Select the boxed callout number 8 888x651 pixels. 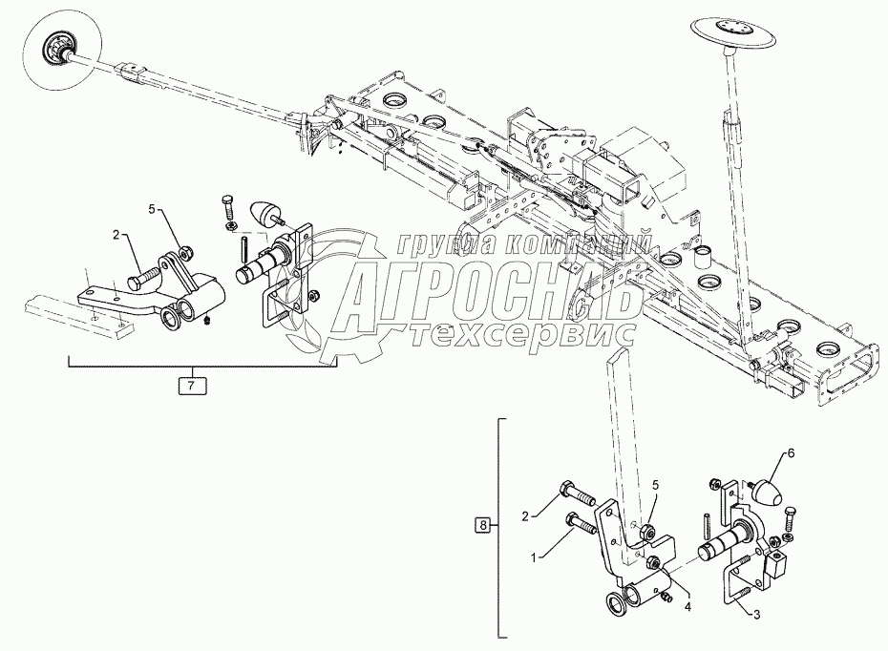coord(484,525)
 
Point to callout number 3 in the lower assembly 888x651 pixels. coord(756,616)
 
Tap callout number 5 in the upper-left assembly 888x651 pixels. coord(150,208)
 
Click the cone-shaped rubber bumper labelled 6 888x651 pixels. coord(765,494)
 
